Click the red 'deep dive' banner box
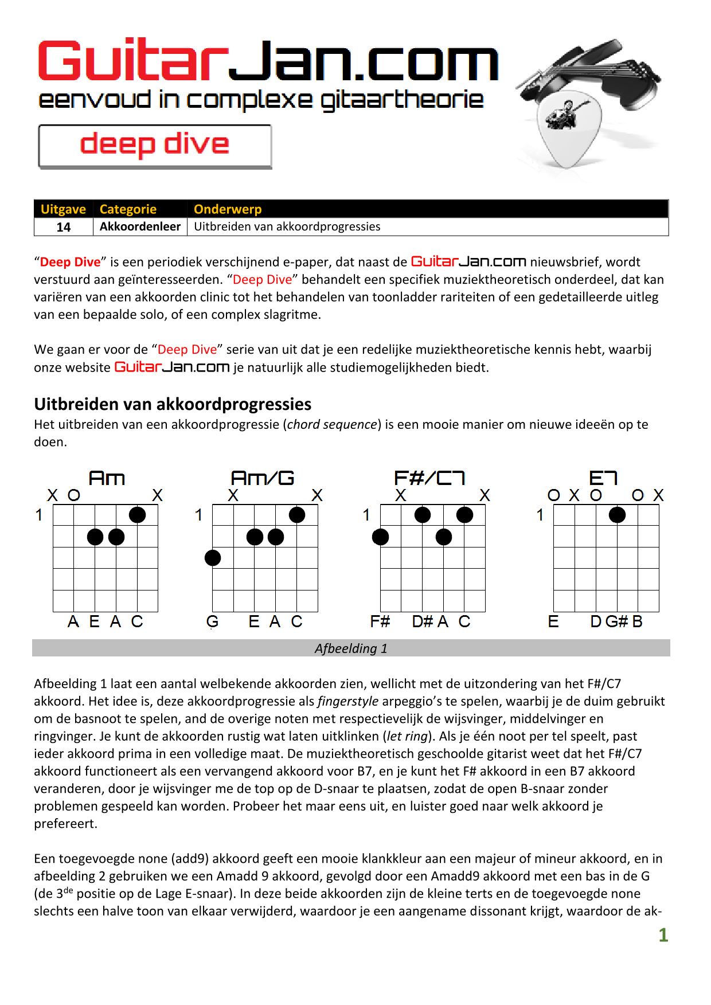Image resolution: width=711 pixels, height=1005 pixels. [x=155, y=146]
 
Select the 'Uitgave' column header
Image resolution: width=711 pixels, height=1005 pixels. [x=63, y=209]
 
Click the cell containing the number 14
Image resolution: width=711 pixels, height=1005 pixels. [x=64, y=227]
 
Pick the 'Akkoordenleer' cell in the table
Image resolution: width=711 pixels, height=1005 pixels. [x=140, y=226]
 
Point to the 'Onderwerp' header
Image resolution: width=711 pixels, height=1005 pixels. [x=228, y=209]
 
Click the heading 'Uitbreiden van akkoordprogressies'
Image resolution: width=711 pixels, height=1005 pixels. [x=173, y=404]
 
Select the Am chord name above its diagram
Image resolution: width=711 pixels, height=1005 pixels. [x=107, y=478]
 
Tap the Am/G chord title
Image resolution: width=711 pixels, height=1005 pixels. [x=263, y=478]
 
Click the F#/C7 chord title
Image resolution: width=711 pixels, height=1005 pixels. [x=429, y=478]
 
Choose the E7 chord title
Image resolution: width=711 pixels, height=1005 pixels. [x=603, y=478]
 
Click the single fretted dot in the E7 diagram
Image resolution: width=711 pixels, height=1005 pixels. [x=617, y=515]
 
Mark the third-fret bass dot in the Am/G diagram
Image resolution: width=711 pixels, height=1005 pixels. [x=213, y=558]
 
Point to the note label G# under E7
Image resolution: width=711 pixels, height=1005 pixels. [x=617, y=621]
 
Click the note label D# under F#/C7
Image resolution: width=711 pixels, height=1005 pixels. [x=423, y=621]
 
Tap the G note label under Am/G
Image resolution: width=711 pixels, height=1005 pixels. [x=212, y=621]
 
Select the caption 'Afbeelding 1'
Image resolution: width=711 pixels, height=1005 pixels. [x=351, y=648]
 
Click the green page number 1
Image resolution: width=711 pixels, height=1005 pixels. [x=663, y=935]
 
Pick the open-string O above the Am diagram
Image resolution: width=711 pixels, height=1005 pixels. [x=74, y=495]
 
